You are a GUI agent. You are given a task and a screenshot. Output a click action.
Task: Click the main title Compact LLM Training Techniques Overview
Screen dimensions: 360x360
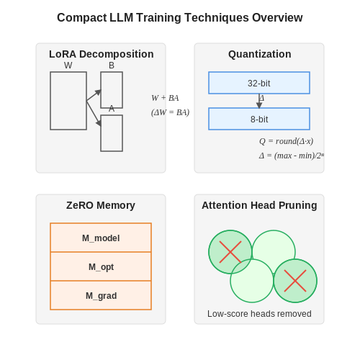click(180, 18)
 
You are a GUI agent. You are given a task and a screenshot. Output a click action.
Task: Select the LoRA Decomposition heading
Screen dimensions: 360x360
click(102, 54)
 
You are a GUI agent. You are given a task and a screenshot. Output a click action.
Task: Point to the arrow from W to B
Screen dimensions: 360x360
click(94, 95)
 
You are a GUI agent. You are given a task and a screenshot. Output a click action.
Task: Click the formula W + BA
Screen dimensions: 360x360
click(165, 98)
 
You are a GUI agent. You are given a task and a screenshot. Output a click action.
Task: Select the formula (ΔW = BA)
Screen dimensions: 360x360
click(171, 112)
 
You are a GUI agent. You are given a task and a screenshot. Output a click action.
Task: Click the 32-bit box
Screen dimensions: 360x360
click(259, 83)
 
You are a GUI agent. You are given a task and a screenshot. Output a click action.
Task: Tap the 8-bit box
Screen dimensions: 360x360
click(259, 119)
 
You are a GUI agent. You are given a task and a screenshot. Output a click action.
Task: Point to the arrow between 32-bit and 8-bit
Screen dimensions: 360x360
click(259, 101)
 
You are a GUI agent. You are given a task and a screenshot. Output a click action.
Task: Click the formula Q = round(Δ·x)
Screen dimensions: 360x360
click(287, 141)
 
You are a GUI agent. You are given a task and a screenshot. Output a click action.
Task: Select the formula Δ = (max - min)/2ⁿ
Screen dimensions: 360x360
click(292, 156)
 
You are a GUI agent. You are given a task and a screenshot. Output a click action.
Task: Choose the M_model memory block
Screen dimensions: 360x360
click(101, 238)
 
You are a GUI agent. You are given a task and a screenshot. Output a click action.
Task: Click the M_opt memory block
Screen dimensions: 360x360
click(101, 266)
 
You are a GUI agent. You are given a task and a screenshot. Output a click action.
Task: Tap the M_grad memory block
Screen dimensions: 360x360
click(101, 295)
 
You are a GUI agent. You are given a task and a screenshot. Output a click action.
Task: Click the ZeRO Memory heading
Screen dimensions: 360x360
click(101, 205)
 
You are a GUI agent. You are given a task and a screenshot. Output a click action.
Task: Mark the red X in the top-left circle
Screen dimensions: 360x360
click(230, 252)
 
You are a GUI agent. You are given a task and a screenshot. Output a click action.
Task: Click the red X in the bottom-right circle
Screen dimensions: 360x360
click(295, 281)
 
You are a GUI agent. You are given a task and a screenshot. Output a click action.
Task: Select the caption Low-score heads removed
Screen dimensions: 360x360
click(259, 314)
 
